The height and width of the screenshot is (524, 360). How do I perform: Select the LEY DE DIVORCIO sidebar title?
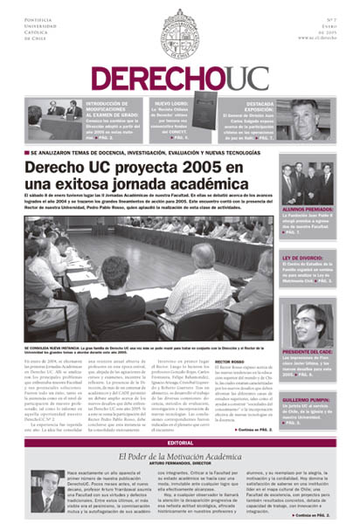[302, 259]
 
